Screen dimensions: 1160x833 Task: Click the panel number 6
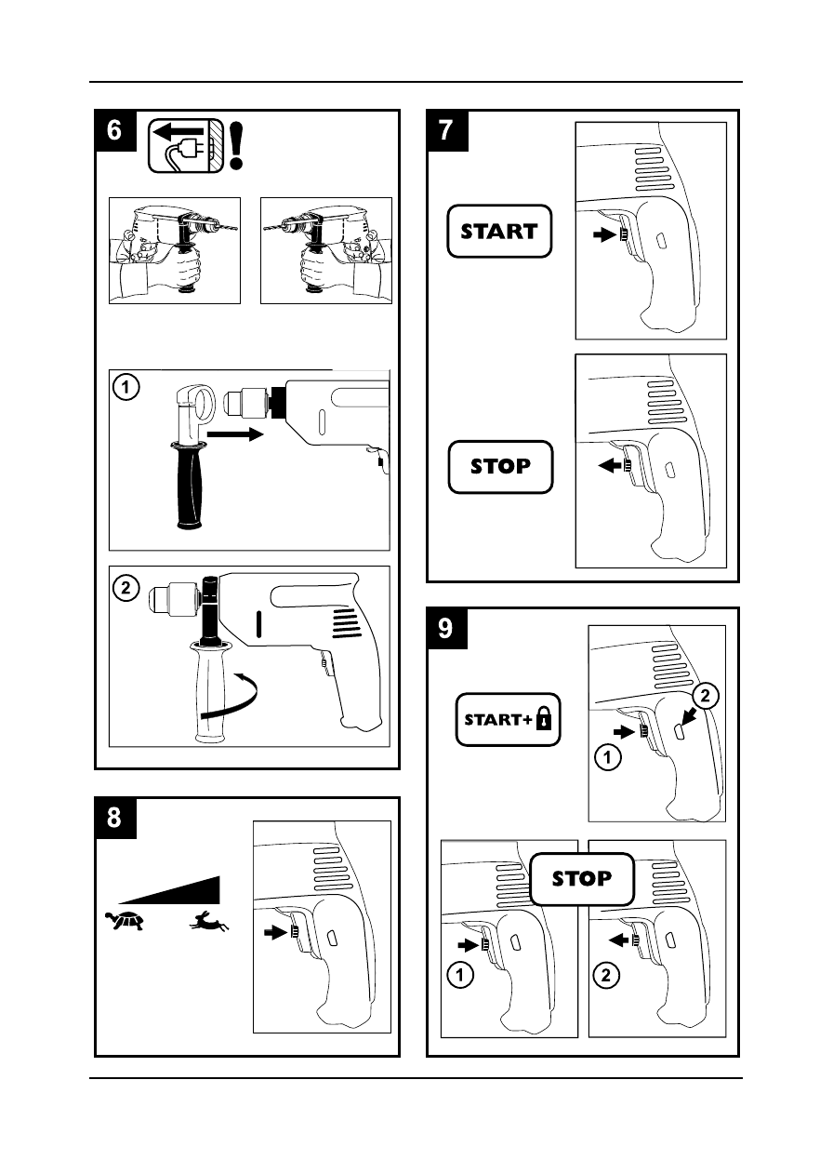tap(114, 131)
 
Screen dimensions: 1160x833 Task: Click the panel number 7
tap(447, 131)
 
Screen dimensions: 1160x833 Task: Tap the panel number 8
tap(114, 818)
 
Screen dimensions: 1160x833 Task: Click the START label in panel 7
tap(500, 231)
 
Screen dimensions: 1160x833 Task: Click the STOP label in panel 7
tap(500, 466)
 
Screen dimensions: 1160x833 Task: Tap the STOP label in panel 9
tap(582, 878)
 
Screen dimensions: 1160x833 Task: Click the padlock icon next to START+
tap(541, 719)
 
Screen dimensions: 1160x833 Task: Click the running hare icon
tap(208, 922)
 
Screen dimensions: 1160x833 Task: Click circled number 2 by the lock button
tap(705, 695)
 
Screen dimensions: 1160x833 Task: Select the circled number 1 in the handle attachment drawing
tap(126, 386)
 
